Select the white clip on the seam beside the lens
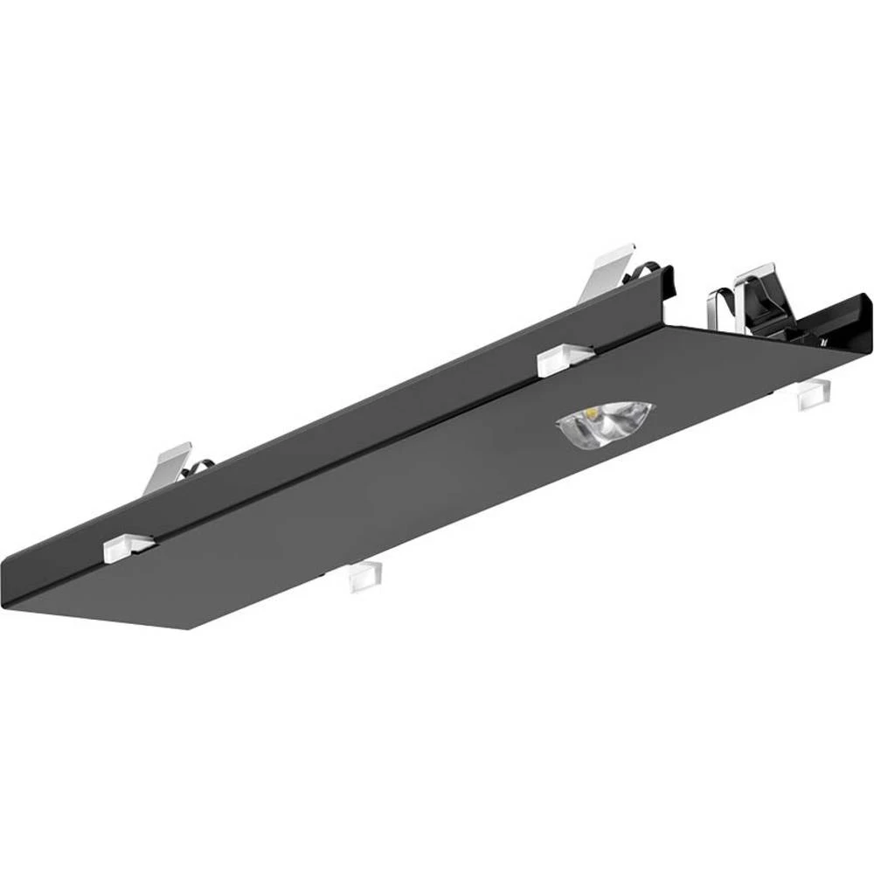click(565, 359)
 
